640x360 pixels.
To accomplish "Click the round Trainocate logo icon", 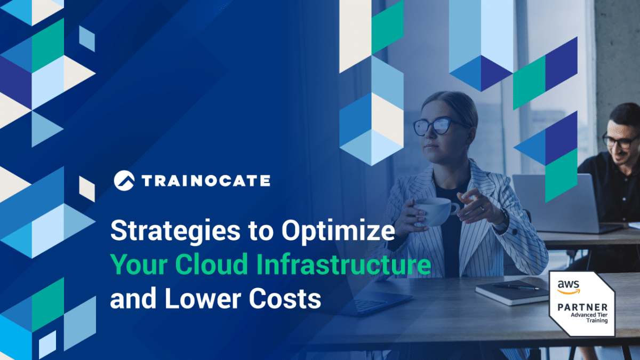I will point(124,180).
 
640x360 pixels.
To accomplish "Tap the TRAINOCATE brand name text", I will point(206,181).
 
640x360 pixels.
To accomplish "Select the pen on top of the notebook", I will point(515,286).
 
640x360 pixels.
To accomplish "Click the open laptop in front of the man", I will point(555,203).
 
